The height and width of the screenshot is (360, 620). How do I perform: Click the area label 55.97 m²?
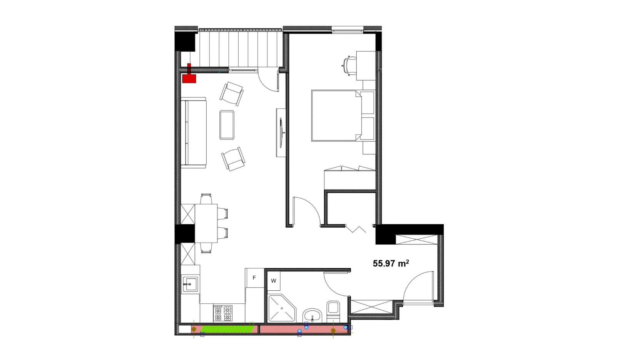tap(391, 263)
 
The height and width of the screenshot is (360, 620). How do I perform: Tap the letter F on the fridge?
tap(254, 278)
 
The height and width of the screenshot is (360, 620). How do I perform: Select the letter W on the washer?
tap(274, 281)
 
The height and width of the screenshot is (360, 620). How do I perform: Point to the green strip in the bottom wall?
tap(227, 329)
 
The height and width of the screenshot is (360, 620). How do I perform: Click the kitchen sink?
tap(190, 284)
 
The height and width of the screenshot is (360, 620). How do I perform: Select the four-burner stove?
tap(223, 313)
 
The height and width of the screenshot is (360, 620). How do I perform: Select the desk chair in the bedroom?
tap(349, 65)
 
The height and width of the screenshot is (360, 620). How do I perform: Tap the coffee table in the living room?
tap(227, 125)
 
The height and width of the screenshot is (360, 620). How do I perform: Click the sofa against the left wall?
tap(194, 133)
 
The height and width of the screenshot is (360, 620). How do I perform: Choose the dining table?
tap(206, 223)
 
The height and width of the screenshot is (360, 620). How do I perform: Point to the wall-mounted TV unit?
tap(281, 132)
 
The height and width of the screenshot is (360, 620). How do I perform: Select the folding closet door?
tap(356, 229)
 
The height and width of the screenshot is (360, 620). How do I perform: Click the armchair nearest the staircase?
tap(232, 93)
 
